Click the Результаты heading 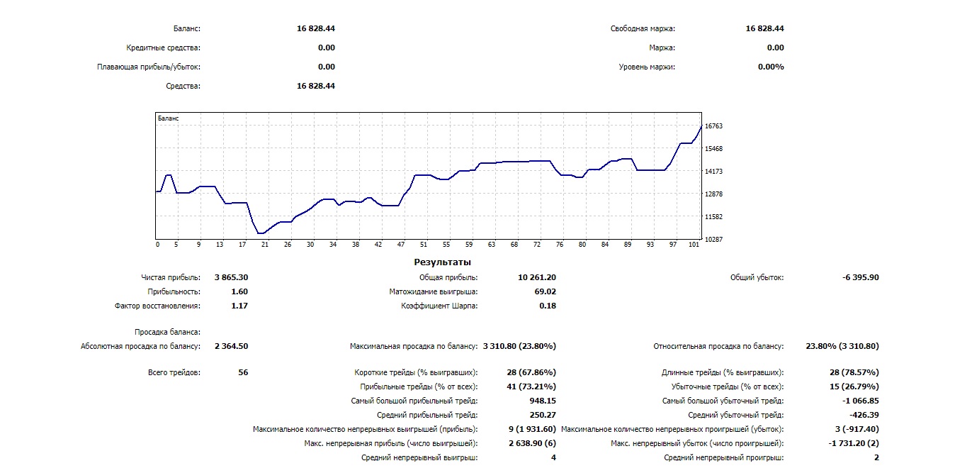pyautogui.click(x=442, y=262)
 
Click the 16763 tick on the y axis pyautogui.click(x=713, y=126)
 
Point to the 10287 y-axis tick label pyautogui.click(x=713, y=240)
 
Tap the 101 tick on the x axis pyautogui.click(x=694, y=245)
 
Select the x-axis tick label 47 pyautogui.click(x=401, y=245)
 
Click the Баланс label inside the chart pyautogui.click(x=168, y=118)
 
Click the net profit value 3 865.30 pyautogui.click(x=231, y=277)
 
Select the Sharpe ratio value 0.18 pyautogui.click(x=547, y=306)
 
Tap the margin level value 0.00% pyautogui.click(x=771, y=67)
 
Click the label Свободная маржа pyautogui.click(x=643, y=29)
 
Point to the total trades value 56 pyautogui.click(x=243, y=372)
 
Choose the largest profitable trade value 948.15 pyautogui.click(x=543, y=401)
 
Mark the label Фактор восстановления pyautogui.click(x=157, y=306)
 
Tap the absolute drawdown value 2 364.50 pyautogui.click(x=231, y=346)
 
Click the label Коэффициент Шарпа pyautogui.click(x=439, y=306)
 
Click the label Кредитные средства pyautogui.click(x=163, y=48)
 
